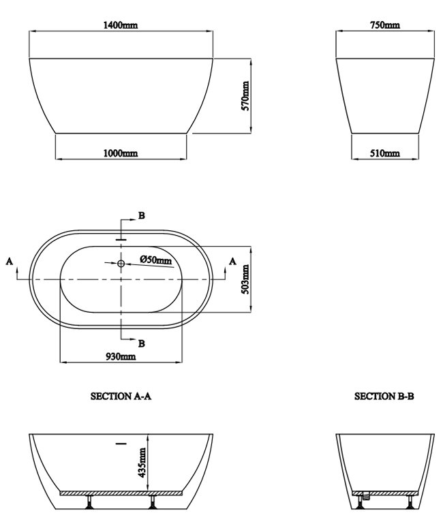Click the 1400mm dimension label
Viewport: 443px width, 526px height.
tap(121, 25)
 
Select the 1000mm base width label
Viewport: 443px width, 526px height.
tap(120, 154)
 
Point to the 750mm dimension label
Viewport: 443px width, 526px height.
tap(385, 25)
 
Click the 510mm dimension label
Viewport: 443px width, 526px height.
tap(384, 154)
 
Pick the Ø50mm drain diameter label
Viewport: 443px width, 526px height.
tap(156, 260)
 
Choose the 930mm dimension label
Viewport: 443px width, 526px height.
tap(121, 356)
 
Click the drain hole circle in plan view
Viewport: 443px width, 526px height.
tap(121, 263)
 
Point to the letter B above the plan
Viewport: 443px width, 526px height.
tap(141, 215)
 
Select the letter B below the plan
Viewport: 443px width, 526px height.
tap(141, 343)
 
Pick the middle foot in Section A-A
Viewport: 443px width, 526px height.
tap(152, 504)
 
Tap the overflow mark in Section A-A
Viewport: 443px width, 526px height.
tap(121, 444)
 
